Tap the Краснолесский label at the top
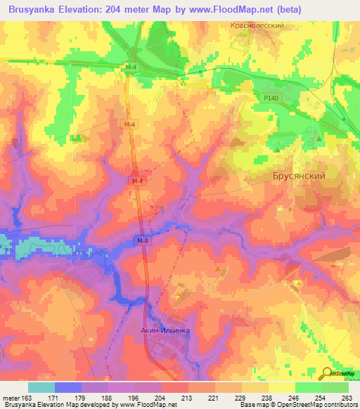pos(256,25)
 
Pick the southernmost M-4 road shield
pos(142,242)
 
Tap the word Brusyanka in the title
pos(31,10)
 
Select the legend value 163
pos(29,397)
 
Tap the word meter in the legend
pos(11,397)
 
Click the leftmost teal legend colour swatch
pos(41,387)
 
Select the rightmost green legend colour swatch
pos(335,387)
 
